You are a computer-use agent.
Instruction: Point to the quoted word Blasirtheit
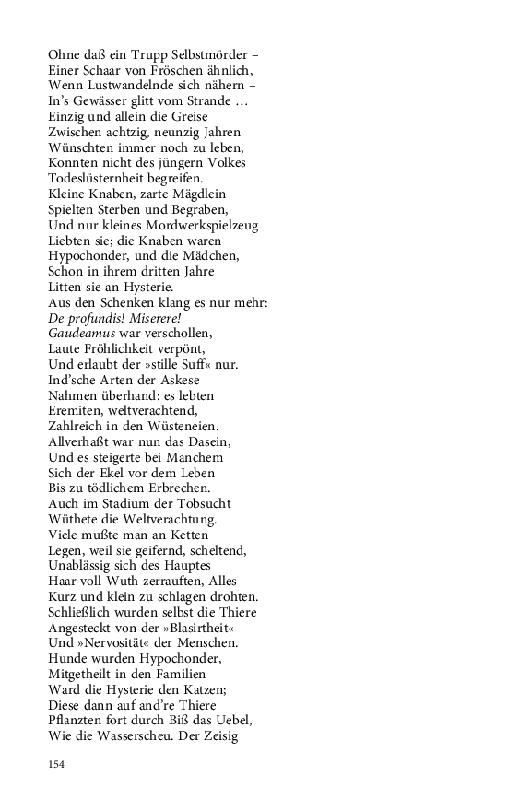click(212, 628)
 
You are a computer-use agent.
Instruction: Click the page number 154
click(58, 765)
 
